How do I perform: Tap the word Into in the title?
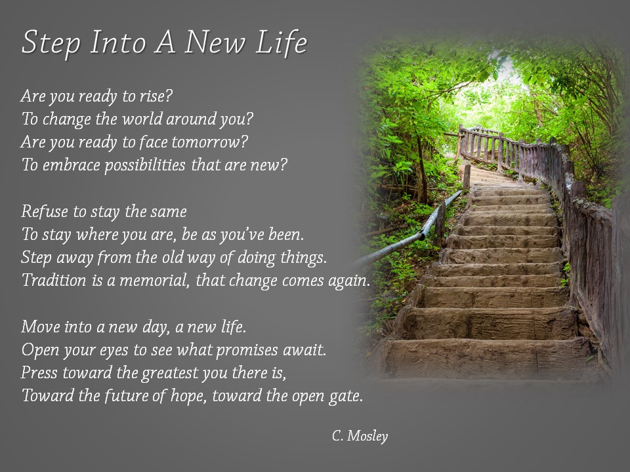click(x=114, y=43)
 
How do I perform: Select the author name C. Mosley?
click(x=360, y=436)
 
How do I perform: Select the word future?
click(x=128, y=396)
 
